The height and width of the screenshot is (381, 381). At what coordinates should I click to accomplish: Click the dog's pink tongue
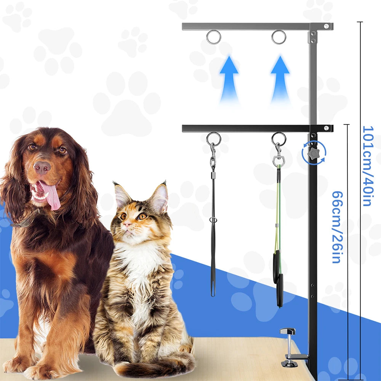51,195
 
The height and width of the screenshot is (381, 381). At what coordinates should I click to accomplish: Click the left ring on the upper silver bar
213,37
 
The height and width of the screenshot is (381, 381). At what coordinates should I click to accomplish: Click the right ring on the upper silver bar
279,37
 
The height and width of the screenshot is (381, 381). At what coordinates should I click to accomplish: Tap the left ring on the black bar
214,139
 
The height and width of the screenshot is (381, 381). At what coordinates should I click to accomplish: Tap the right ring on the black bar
279,139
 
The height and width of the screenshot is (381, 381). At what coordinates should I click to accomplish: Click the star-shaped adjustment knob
313,153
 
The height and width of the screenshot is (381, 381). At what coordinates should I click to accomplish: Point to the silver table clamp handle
288,331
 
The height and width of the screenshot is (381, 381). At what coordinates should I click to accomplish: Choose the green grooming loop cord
279,213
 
